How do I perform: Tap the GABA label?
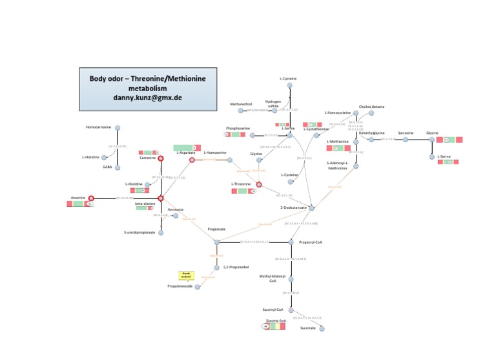pyautogui.click(x=107, y=167)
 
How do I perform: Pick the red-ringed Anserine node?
pyautogui.click(x=91, y=198)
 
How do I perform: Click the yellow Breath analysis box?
pyautogui.click(x=186, y=275)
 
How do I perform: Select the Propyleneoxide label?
pyautogui.click(x=180, y=286)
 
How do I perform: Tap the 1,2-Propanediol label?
pyautogui.click(x=236, y=267)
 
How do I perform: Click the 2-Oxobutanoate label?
pyautogui.click(x=293, y=207)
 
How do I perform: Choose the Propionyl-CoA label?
pyautogui.click(x=311, y=242)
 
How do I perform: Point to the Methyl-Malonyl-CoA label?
pyautogui.click(x=272, y=279)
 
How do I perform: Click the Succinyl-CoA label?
pyautogui.click(x=273, y=310)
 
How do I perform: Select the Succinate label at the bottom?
pyautogui.click(x=308, y=328)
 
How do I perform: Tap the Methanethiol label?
pyautogui.click(x=241, y=103)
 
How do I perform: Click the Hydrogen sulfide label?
pyautogui.click(x=273, y=103)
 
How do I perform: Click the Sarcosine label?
pyautogui.click(x=406, y=132)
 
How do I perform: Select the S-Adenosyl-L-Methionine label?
pyautogui.click(x=338, y=165)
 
